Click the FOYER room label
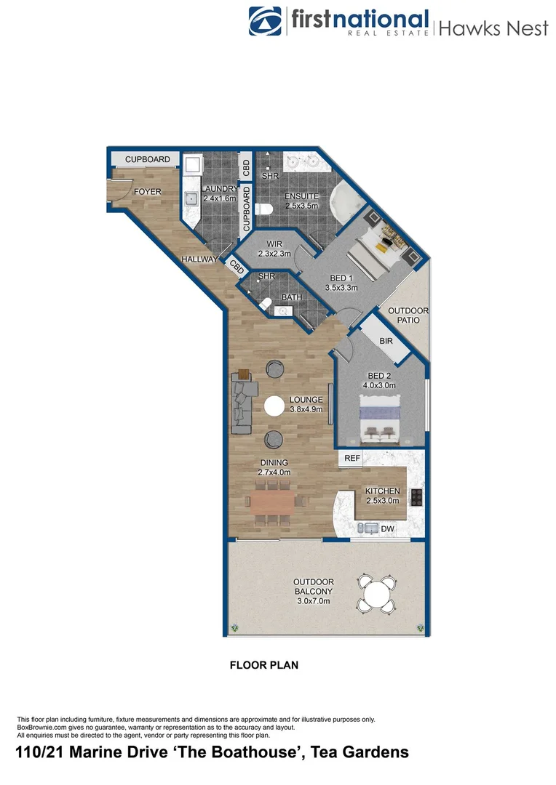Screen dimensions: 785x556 (x=147, y=192)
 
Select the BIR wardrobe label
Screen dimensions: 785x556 (x=386, y=340)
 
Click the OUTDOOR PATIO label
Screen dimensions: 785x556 (x=408, y=315)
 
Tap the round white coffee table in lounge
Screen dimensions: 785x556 (x=274, y=407)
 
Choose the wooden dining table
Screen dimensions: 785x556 (x=271, y=500)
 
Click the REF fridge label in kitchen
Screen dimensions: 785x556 (x=352, y=459)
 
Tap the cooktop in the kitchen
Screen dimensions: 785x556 (x=416, y=496)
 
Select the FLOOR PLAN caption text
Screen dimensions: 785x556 (x=263, y=664)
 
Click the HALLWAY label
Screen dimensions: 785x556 (x=199, y=259)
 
